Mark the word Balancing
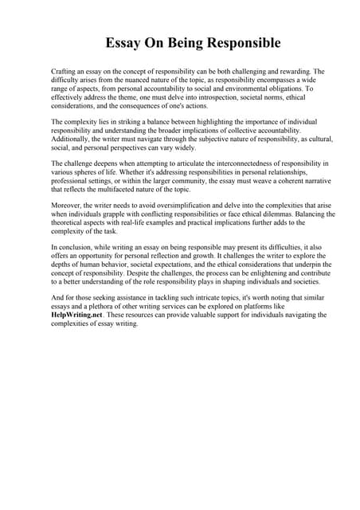(314, 214)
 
